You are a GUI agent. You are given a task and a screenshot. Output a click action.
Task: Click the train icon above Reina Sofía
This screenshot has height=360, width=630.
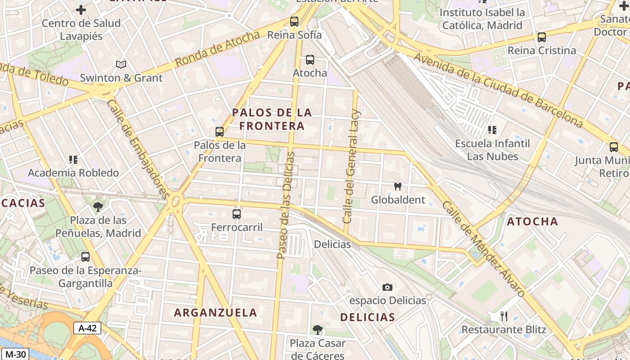tap(294, 21)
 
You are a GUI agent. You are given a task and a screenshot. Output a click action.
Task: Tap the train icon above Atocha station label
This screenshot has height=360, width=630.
tap(310, 59)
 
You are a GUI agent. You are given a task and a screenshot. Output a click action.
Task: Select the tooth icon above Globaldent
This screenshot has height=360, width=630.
tap(397, 186)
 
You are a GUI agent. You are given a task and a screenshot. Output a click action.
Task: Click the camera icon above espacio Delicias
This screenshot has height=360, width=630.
tap(387, 287)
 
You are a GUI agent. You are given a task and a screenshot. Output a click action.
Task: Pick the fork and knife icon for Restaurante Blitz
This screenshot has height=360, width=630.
tap(504, 316)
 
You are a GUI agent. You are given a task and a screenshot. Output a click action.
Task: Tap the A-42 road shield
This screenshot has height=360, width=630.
tap(87, 328)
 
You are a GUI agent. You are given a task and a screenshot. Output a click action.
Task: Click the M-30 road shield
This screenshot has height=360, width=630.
tap(14, 354)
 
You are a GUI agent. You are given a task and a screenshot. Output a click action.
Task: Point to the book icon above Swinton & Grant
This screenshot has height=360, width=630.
tap(121, 64)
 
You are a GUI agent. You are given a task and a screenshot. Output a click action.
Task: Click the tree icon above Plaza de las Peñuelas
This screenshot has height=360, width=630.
tap(98, 207)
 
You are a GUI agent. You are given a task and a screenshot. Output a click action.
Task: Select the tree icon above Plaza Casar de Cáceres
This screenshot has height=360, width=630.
tap(318, 330)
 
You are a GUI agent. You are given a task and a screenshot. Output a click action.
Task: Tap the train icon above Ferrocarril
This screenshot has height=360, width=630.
tap(237, 214)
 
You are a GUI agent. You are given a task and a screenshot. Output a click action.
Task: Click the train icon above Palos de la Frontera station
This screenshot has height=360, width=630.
tap(220, 131)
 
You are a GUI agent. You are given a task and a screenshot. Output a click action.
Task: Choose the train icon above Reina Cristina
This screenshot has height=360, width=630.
tap(542, 37)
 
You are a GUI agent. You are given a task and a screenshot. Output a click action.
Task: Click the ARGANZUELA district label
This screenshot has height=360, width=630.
tap(216, 312)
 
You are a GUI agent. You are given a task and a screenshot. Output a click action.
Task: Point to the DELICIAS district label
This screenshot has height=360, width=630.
tap(367, 317)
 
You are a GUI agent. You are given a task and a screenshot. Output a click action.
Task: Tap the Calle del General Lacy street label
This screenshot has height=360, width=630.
tap(351, 166)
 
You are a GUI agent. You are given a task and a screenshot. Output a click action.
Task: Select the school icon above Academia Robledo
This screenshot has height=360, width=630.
tap(73, 159)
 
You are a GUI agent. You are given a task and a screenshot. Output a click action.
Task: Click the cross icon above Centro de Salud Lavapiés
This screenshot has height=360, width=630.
tap(81, 9)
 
